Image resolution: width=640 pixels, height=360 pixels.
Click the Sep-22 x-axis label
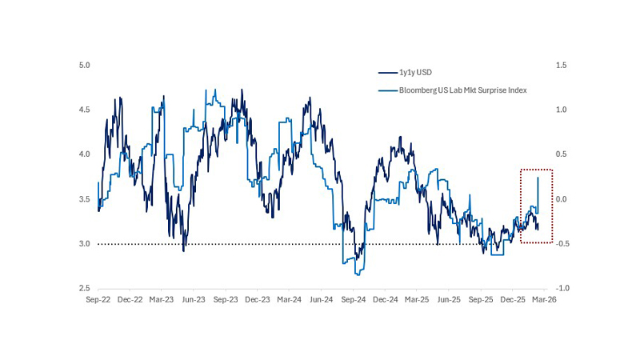98,299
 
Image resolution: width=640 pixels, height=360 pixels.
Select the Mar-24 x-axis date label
289,299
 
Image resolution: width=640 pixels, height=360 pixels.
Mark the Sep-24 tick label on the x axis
353,299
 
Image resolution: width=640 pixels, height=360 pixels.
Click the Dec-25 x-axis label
513,299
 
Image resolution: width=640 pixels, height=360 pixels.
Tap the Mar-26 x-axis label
545,299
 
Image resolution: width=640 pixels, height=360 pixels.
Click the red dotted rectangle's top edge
536,170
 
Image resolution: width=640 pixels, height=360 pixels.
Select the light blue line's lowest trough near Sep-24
355,274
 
